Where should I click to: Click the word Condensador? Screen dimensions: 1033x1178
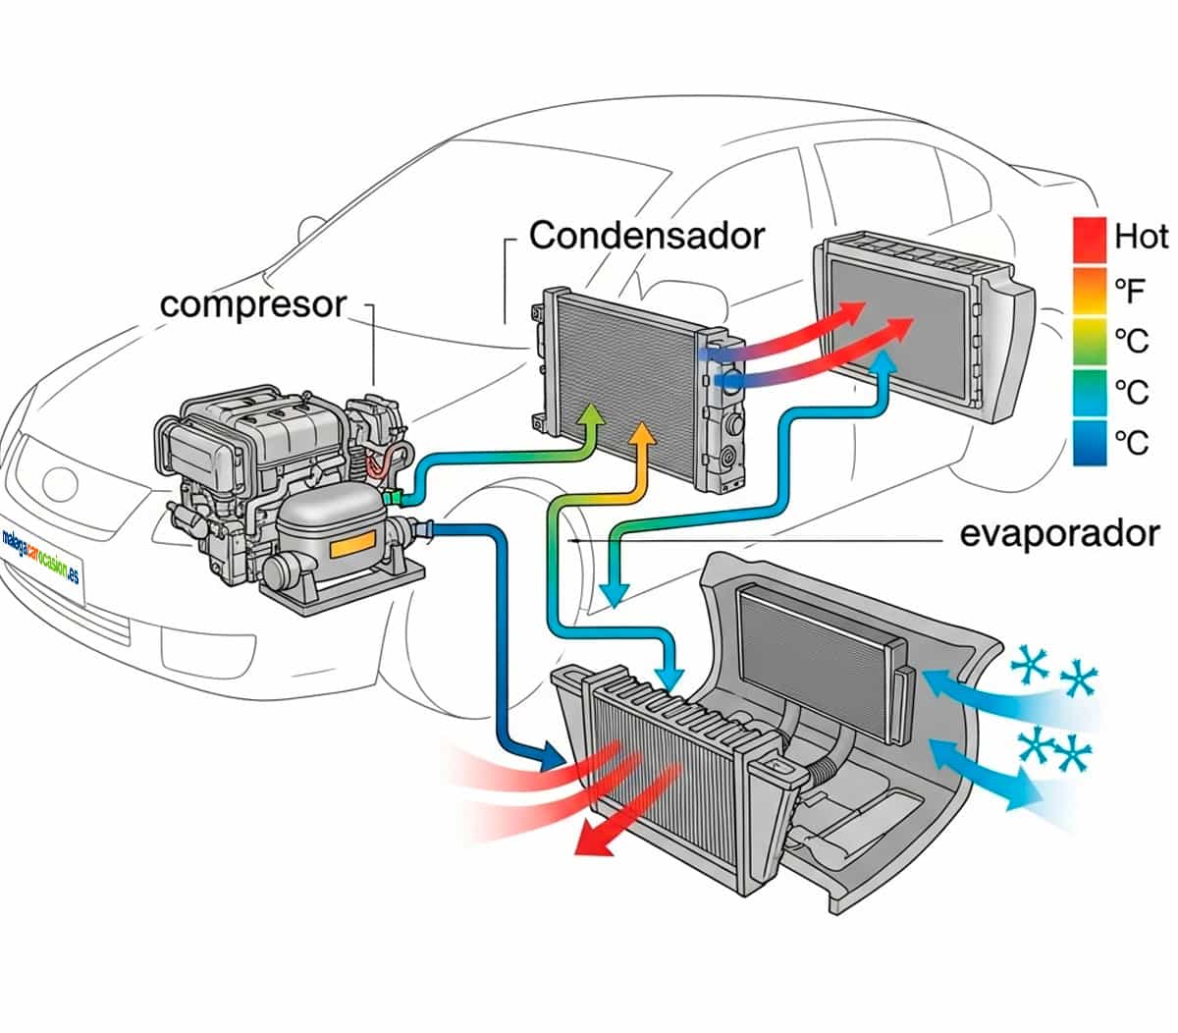[646, 236]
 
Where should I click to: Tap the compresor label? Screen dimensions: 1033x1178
[253, 304]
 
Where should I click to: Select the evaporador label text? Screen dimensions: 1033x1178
[1059, 534]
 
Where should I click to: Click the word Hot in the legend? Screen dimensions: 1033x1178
[1141, 237]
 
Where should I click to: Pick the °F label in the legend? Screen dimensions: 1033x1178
[1131, 290]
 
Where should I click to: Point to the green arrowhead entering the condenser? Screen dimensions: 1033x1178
[591, 414]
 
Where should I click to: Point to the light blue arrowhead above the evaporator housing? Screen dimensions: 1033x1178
[670, 678]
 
